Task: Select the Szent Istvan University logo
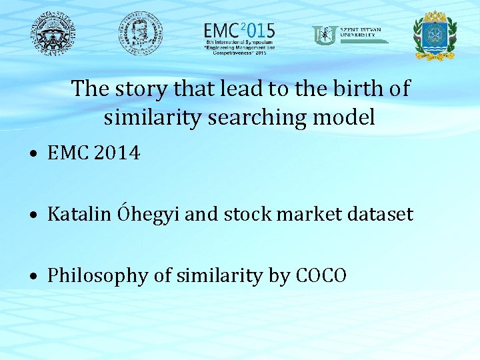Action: [x=350, y=35]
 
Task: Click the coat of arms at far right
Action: [x=435, y=35]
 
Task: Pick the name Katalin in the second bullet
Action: [x=80, y=215]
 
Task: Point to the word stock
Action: [x=245, y=215]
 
